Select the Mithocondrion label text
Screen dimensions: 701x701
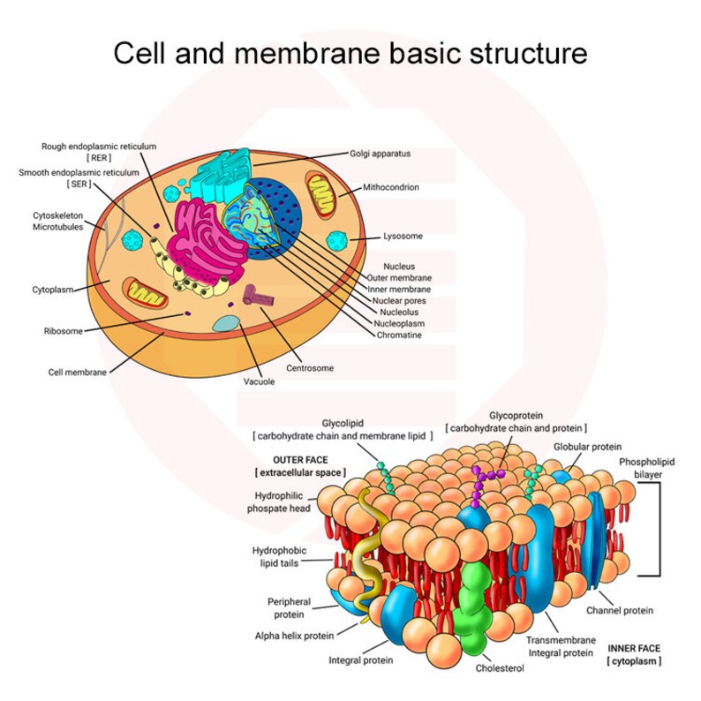(390, 187)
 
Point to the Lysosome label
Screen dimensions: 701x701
(403, 236)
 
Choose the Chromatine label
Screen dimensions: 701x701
(399, 335)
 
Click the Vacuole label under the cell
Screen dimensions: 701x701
(260, 381)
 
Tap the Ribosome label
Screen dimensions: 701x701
(64, 331)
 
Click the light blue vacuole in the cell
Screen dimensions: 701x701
(226, 324)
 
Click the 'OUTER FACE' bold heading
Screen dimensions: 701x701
(300, 460)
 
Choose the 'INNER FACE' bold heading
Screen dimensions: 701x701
(634, 647)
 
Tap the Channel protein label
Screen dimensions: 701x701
(620, 610)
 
